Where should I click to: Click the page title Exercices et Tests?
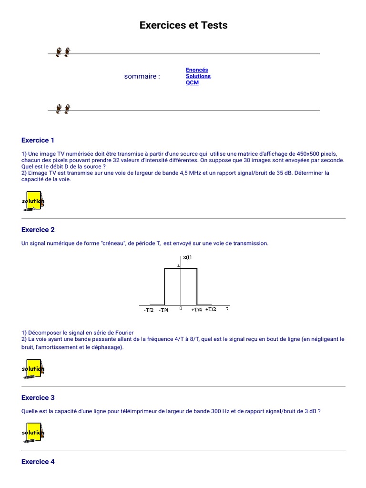tap(183, 25)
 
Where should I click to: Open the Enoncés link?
tap(197, 70)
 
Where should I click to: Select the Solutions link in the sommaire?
tap(198, 76)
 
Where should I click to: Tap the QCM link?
tap(192, 82)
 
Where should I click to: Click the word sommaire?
tap(142, 76)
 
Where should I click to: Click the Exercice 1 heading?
tap(38, 140)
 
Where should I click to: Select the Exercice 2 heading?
tap(38, 230)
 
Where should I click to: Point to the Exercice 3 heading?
tap(38, 397)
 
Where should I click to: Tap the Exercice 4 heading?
tap(38, 461)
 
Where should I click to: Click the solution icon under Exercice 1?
tap(33, 201)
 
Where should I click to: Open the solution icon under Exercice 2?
tap(33, 368)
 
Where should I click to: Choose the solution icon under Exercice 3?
tap(33, 432)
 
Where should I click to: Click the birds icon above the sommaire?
tap(63, 52)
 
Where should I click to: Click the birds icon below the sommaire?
tap(63, 109)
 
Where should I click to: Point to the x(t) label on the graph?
tap(187, 257)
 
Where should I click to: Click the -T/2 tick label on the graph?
tap(149, 310)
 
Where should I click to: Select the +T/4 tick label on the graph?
tap(197, 309)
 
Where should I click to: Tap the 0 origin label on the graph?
tap(181, 309)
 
